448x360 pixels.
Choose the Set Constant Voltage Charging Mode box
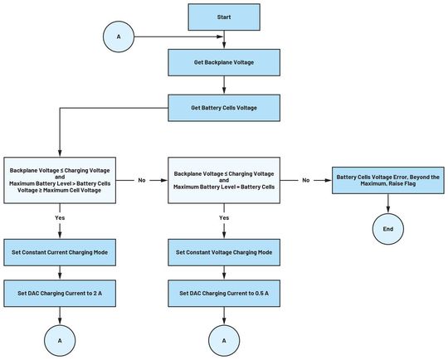coord(224,251)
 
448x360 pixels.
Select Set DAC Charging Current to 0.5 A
coord(224,294)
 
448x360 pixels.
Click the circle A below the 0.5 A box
coord(224,340)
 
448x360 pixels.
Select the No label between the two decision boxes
coord(141,179)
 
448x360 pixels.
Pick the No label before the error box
coord(305,179)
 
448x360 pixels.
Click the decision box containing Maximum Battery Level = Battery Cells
coord(224,179)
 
